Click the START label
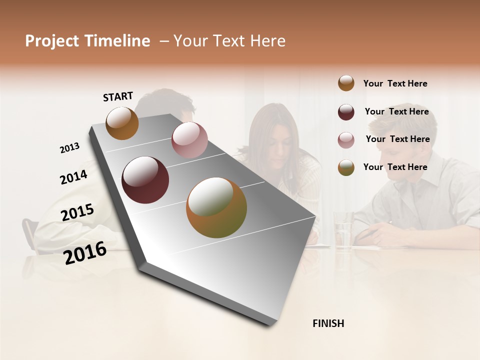(x=118, y=96)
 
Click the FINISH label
(x=328, y=323)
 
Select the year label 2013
(x=69, y=148)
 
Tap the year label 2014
(x=73, y=177)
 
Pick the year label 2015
(x=77, y=212)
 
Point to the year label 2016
(x=85, y=252)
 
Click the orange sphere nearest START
(x=122, y=123)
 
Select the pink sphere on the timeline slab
(x=189, y=140)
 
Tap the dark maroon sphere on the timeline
(x=145, y=180)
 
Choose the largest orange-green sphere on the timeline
(x=216, y=207)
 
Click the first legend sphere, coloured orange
(x=346, y=83)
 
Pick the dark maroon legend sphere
(x=346, y=112)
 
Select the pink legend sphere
(x=346, y=139)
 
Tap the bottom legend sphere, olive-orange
(x=346, y=167)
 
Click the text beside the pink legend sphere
(x=397, y=139)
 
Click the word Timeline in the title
(x=118, y=41)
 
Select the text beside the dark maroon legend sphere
(x=396, y=111)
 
